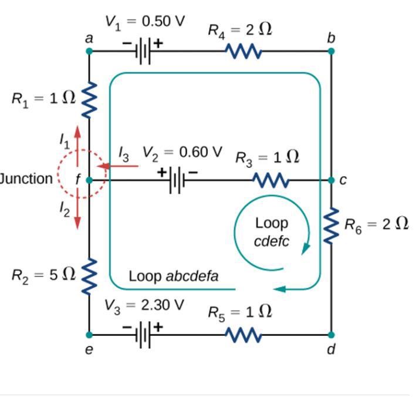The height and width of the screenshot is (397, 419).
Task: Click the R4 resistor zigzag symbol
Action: pos(244,52)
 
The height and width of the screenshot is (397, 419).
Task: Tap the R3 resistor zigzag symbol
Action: pos(271,180)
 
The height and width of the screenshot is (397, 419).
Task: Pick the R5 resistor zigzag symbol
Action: pos(244,335)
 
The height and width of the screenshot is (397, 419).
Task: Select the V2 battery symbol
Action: pos(175,179)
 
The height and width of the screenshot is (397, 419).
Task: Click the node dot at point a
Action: pos(89,51)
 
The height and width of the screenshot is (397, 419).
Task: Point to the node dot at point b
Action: pos(332,51)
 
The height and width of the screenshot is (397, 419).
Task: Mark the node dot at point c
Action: pos(332,180)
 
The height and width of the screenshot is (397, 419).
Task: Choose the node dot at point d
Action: pos(332,335)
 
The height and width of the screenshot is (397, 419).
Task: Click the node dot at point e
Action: pos(89,335)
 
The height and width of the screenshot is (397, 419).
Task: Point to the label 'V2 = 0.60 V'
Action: pos(183,153)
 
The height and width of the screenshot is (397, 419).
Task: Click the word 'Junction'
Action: pos(26,179)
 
